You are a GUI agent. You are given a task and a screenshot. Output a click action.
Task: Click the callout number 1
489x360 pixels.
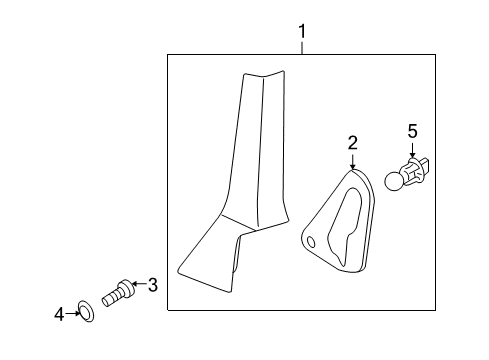(302, 31)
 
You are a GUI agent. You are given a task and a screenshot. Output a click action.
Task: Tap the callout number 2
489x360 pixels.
(352, 143)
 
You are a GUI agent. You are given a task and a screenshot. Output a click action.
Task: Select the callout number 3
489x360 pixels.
(153, 285)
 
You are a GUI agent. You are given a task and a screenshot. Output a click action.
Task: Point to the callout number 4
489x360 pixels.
(59, 314)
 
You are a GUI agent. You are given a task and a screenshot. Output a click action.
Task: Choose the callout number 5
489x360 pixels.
(413, 131)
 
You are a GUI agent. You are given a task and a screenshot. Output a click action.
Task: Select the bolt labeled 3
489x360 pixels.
(118, 293)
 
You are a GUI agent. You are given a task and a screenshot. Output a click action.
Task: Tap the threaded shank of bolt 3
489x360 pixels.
(111, 297)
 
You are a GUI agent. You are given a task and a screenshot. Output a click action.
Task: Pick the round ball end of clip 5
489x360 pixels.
(394, 181)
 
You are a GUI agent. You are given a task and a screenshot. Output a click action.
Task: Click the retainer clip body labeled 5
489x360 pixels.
(414, 172)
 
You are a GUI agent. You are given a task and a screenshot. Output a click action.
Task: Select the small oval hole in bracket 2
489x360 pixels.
(311, 242)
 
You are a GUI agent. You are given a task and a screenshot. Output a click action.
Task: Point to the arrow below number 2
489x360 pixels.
(352, 160)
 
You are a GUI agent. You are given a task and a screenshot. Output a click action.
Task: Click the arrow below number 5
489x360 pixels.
(413, 150)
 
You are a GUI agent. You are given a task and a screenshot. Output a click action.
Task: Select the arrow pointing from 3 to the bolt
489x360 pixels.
(139, 284)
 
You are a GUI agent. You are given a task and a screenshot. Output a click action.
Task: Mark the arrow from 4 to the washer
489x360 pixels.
(72, 313)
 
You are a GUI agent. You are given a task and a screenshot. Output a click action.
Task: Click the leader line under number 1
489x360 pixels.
(302, 47)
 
